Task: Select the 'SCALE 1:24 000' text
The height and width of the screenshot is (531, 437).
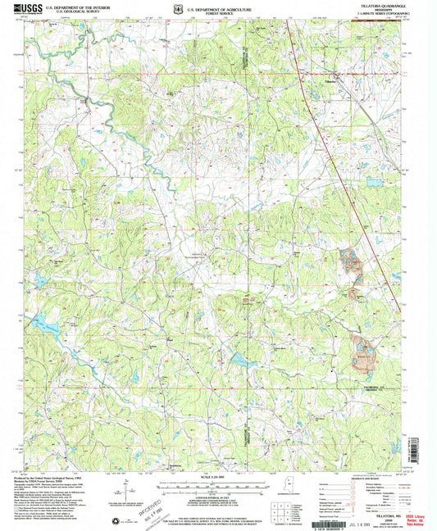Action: (x=218, y=477)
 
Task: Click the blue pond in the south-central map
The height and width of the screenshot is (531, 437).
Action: (x=239, y=360)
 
